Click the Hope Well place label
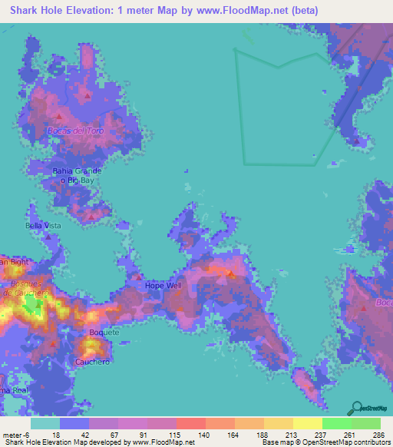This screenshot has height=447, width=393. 163,286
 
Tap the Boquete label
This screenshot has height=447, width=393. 104,333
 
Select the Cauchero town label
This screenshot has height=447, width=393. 89,361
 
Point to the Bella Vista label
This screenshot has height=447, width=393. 43,226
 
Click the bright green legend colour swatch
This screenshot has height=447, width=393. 337,423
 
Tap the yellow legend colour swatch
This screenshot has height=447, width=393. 308,423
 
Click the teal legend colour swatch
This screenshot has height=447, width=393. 45,423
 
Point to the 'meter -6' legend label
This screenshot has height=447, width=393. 15,434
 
